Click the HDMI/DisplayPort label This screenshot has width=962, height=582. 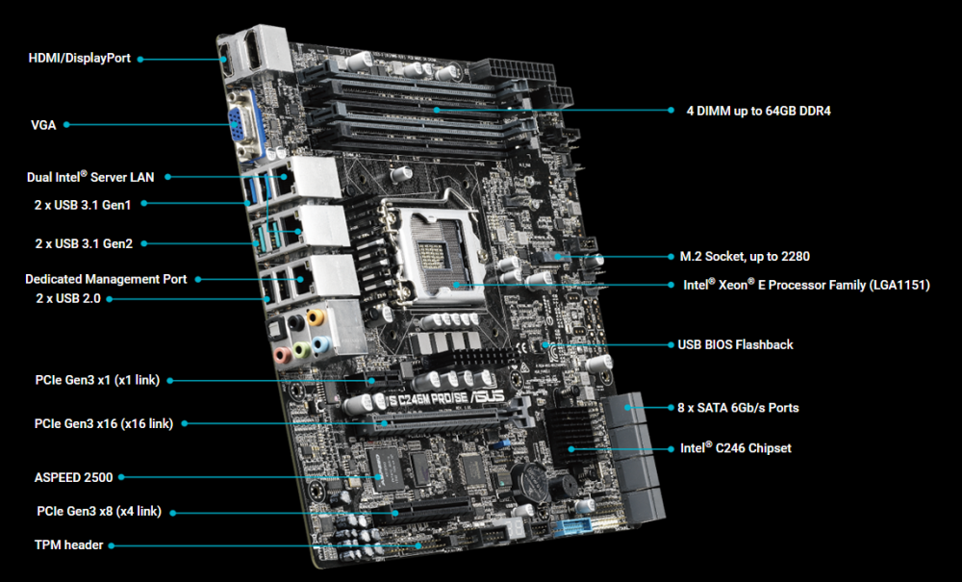click(80, 59)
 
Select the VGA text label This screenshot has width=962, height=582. click(43, 125)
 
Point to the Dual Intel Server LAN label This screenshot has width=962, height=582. click(90, 177)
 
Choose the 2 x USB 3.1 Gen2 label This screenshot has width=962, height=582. click(84, 243)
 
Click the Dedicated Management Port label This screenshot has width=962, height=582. click(106, 279)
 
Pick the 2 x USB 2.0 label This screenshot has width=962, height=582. click(68, 298)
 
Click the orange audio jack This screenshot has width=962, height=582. click(316, 317)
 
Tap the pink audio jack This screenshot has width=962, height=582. click(282, 354)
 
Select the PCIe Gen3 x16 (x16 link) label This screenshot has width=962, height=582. click(104, 424)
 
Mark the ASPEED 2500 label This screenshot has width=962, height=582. click(74, 477)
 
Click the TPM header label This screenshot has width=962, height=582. click(68, 545)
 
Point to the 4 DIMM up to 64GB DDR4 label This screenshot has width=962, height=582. click(759, 111)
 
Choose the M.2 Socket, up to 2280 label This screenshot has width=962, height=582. click(745, 256)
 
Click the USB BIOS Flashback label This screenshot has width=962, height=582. click(736, 344)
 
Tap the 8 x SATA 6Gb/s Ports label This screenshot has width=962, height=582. click(738, 408)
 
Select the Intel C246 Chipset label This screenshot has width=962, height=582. click(736, 448)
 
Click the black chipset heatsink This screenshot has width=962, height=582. click(571, 437)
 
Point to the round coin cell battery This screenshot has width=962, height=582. click(530, 479)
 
